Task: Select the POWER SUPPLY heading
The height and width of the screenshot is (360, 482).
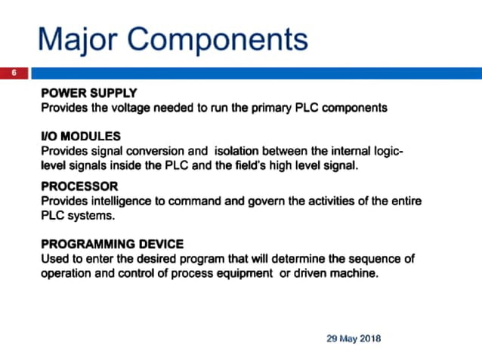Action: (x=88, y=94)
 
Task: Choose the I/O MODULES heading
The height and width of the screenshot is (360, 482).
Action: (x=81, y=137)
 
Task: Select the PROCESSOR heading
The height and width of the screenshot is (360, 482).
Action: (x=79, y=186)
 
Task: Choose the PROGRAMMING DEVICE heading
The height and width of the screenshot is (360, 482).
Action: (x=112, y=244)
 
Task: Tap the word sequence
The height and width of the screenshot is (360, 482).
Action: (x=374, y=258)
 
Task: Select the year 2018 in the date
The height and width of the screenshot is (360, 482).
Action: (x=369, y=338)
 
